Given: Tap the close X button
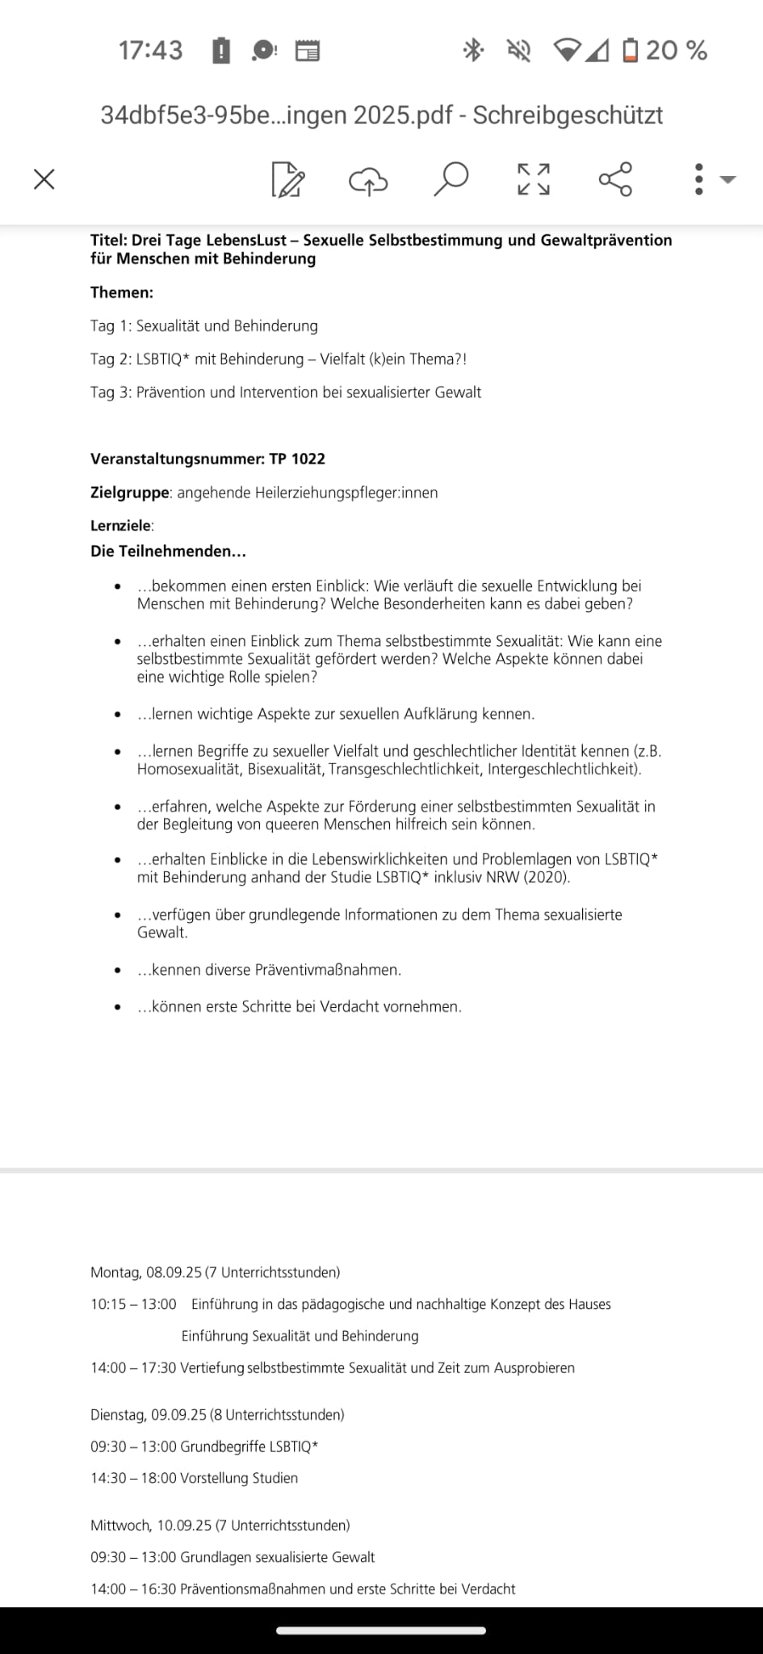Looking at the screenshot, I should tap(44, 178).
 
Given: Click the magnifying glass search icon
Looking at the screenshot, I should tap(451, 178).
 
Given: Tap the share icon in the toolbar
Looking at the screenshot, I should tap(615, 178).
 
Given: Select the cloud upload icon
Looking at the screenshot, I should tap(368, 180).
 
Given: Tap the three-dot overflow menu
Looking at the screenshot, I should tap(699, 179).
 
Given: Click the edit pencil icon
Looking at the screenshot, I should tap(287, 179).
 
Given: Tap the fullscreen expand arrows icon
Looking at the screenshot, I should tap(533, 179).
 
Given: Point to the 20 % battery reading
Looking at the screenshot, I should tap(676, 51).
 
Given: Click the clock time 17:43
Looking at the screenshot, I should tap(150, 51).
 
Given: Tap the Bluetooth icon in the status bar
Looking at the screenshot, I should tap(472, 50).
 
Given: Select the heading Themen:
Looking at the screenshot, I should tap(122, 292).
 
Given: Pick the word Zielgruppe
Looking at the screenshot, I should tap(129, 493).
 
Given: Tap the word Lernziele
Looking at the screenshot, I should tap(120, 526).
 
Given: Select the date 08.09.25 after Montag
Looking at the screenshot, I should tap(174, 1272).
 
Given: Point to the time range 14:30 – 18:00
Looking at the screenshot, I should tap(133, 1478).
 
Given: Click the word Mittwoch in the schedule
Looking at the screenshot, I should tap(120, 1526).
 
